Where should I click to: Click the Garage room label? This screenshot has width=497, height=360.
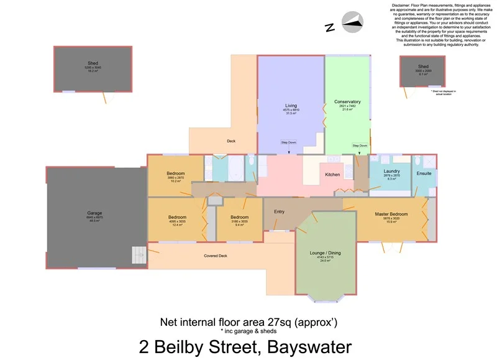pyautogui.click(x=94, y=213)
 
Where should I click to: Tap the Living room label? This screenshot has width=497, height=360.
pyautogui.click(x=291, y=106)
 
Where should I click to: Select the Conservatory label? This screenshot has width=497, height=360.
pyautogui.click(x=347, y=102)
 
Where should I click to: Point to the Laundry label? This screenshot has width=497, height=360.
pyautogui.click(x=391, y=171)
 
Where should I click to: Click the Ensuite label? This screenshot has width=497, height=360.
pyautogui.click(x=424, y=173)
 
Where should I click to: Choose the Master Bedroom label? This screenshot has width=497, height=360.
pyautogui.click(x=391, y=215)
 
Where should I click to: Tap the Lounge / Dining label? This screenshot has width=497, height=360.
pyautogui.click(x=325, y=253)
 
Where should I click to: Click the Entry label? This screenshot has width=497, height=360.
pyautogui.click(x=280, y=211)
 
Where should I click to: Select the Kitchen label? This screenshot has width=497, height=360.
pyautogui.click(x=332, y=175)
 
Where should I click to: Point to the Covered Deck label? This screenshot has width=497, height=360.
pyautogui.click(x=216, y=256)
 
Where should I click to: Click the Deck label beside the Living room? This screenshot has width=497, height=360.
pyautogui.click(x=231, y=141)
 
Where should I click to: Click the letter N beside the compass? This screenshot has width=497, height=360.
pyautogui.click(x=329, y=27)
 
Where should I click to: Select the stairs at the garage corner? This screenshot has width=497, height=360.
pyautogui.click(x=138, y=255)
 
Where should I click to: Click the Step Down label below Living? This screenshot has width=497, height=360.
pyautogui.click(x=288, y=142)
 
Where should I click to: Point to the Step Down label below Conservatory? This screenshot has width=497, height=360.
pyautogui.click(x=360, y=145)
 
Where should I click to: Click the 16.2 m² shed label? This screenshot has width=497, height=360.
pyautogui.click(x=93, y=71)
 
